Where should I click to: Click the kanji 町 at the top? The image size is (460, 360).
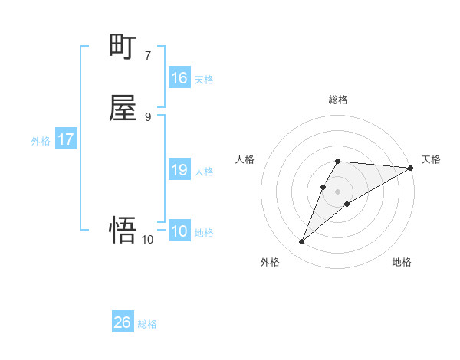click(x=123, y=47)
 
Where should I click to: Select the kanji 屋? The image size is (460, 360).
click(x=123, y=110)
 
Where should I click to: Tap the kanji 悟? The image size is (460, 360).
click(x=123, y=229)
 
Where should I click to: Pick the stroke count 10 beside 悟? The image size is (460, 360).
click(x=147, y=240)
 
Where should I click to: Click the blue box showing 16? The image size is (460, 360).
click(x=179, y=78)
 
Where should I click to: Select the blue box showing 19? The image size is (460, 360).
click(x=179, y=170)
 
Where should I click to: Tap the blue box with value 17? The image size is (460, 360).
click(x=66, y=140)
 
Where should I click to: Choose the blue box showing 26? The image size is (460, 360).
click(x=123, y=322)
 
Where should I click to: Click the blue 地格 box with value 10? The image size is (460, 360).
click(x=179, y=231)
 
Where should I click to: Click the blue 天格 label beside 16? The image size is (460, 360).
click(x=204, y=79)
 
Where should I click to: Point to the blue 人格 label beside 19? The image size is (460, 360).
click(x=204, y=171)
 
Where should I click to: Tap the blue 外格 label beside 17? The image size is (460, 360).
click(x=41, y=141)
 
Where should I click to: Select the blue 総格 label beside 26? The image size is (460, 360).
click(x=147, y=323)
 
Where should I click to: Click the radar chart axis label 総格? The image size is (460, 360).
click(x=338, y=100)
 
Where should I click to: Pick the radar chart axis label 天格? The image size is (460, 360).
click(x=431, y=159)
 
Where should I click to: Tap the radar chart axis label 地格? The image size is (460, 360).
click(x=402, y=263)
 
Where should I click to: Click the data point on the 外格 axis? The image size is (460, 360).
click(x=302, y=242)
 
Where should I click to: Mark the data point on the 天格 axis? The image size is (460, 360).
click(x=411, y=168)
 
